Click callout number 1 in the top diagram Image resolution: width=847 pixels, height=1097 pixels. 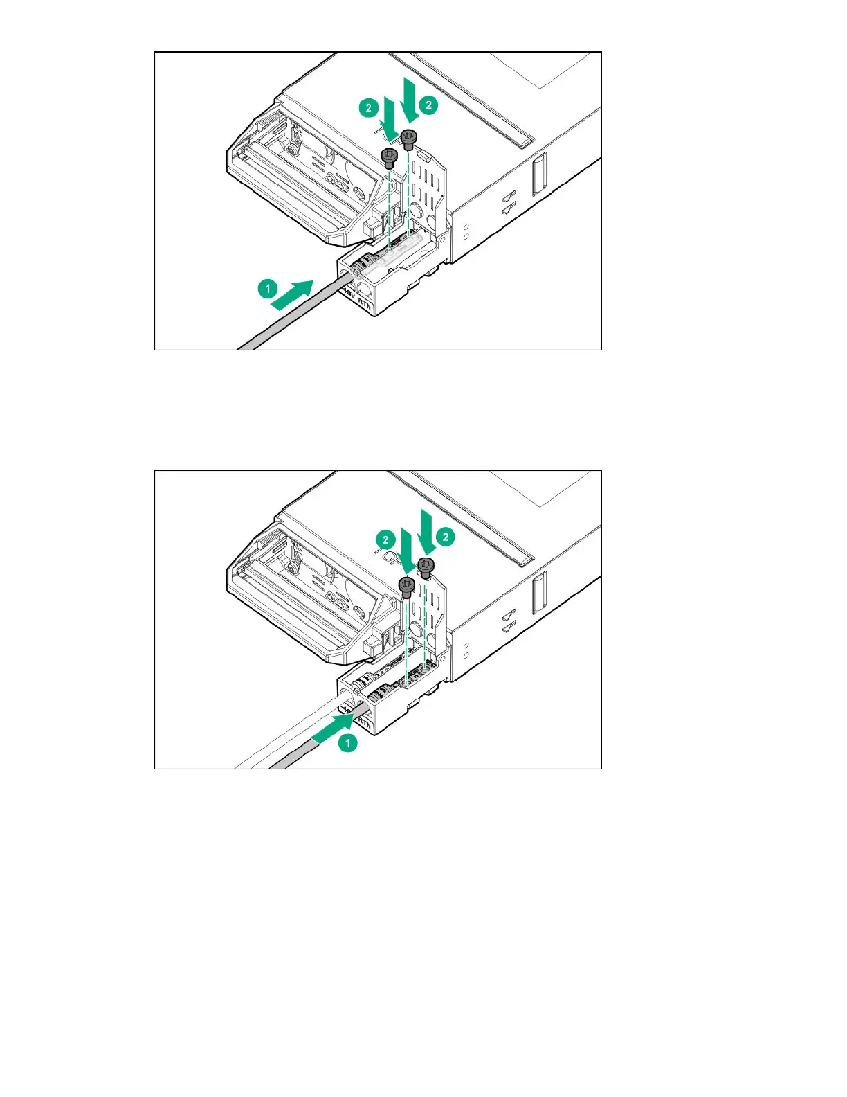[x=268, y=289]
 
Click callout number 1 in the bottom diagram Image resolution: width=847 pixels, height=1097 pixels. [x=348, y=743]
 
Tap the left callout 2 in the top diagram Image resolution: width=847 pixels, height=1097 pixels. [x=368, y=107]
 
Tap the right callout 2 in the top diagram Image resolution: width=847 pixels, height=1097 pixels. [x=429, y=105]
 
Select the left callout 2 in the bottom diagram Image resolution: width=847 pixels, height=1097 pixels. [x=385, y=539]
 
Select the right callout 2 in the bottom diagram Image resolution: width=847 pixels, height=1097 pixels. [x=446, y=537]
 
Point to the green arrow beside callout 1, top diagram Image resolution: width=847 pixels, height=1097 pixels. [x=293, y=294]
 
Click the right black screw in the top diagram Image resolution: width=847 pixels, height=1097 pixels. [x=409, y=139]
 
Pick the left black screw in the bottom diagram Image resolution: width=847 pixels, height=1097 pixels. [x=407, y=587]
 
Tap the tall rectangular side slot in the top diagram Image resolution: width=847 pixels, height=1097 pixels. [x=539, y=173]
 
